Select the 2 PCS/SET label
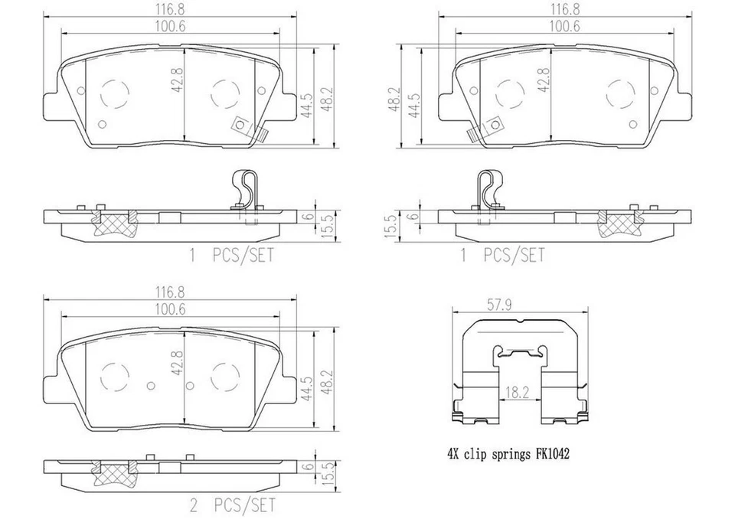tap(231, 505)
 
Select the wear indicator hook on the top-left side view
tap(243, 189)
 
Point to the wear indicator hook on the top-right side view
tap(488, 189)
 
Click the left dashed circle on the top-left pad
tap(115, 93)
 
